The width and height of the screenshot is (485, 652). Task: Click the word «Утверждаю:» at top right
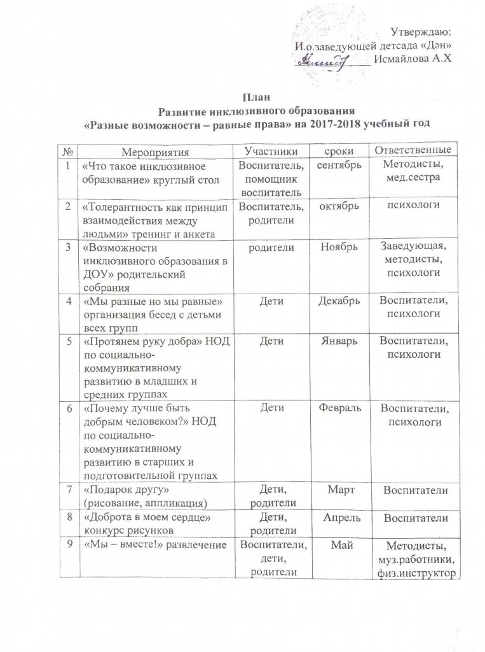tap(420, 32)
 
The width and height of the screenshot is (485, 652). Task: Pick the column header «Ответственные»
tap(413, 150)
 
